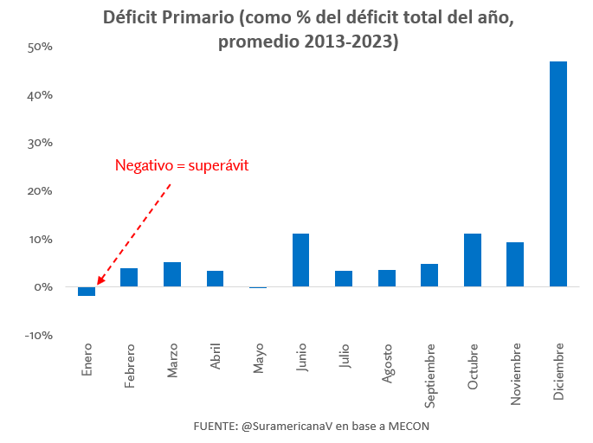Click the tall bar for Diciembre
point(558,173)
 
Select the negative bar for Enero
point(87,291)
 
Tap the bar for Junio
point(300,260)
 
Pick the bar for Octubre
point(473,260)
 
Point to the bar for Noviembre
point(515,264)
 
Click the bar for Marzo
point(172,274)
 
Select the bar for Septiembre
point(429,275)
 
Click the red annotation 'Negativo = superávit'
point(182,165)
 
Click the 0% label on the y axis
point(44,287)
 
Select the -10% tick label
point(39,335)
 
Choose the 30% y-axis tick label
point(41,143)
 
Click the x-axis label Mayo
point(259,357)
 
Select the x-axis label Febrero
point(130,365)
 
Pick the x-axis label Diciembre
point(558,369)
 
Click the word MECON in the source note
point(408,427)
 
